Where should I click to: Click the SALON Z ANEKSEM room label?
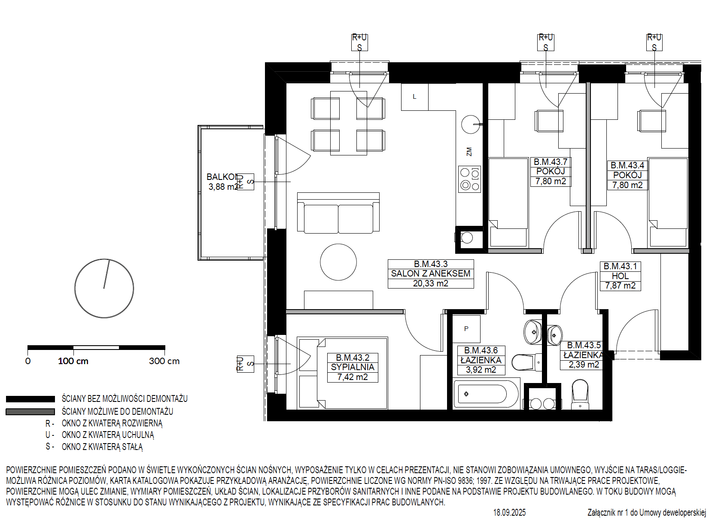click(x=430, y=274)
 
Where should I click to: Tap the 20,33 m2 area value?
click(x=430, y=283)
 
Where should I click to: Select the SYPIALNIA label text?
click(x=353, y=367)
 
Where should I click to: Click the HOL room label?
click(x=620, y=276)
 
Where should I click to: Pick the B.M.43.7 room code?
click(x=551, y=162)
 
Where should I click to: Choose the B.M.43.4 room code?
click(x=627, y=165)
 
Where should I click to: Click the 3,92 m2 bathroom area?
click(x=481, y=370)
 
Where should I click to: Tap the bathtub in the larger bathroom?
click(x=485, y=393)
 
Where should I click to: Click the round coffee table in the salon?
click(x=338, y=262)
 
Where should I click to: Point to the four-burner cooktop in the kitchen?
click(x=469, y=179)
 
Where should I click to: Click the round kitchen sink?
click(x=471, y=125)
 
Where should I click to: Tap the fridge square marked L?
click(x=414, y=97)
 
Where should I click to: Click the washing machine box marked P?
click(x=466, y=329)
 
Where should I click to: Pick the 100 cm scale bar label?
click(x=73, y=361)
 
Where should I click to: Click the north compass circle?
click(x=104, y=288)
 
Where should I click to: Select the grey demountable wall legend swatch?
click(x=30, y=411)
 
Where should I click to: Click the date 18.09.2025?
click(x=509, y=512)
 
